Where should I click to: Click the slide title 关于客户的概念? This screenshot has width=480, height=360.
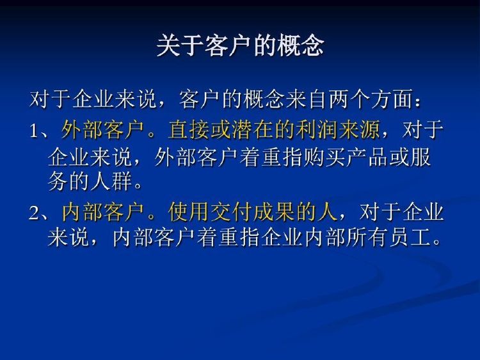coord(240,45)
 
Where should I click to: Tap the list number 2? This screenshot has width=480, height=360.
coord(35,213)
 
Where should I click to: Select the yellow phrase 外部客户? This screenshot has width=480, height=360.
coord(102,130)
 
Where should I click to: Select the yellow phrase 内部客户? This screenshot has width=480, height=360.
coord(103,212)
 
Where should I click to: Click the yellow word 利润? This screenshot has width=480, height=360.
coord(317,130)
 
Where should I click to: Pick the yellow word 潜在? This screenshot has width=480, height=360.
coord(253,130)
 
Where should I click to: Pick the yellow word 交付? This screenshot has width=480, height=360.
coord(232,212)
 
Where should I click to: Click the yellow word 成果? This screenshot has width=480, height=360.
coord(275,212)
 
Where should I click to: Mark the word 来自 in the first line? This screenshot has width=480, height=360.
coord(307,99)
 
